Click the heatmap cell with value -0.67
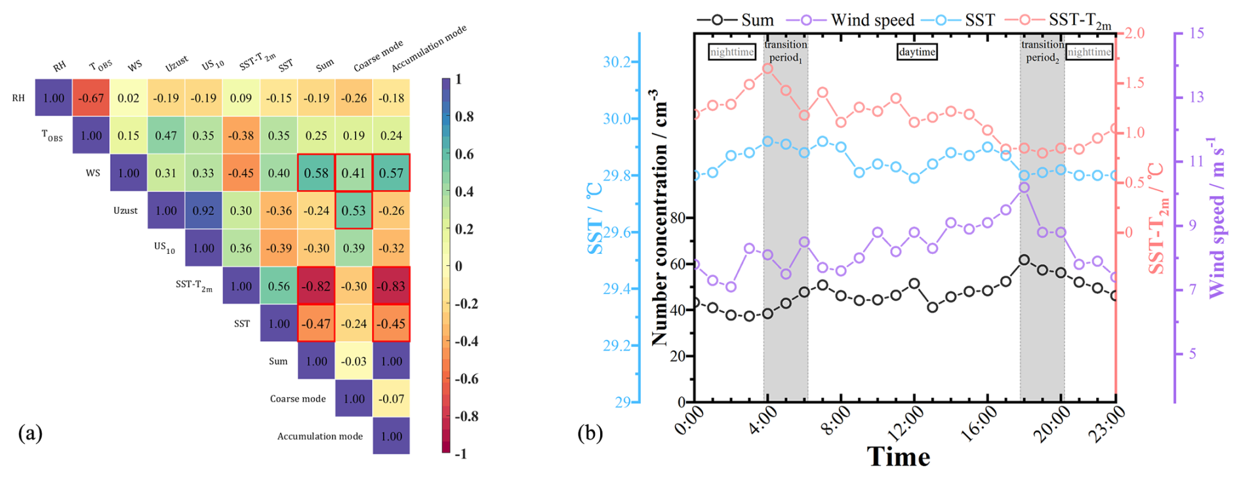coord(91,98)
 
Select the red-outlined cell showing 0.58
coord(316,173)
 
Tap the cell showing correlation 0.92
coord(203,211)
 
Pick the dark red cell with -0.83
coord(392,286)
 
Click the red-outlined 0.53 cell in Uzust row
coord(354,211)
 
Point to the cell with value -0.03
coord(354,361)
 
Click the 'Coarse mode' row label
coord(298,398)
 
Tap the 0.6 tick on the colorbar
coord(464,154)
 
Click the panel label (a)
coord(30,433)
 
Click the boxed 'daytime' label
coord(916,52)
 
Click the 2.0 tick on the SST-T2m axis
coord(1135,33)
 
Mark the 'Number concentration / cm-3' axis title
coord(659,217)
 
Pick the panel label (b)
coord(590,433)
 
